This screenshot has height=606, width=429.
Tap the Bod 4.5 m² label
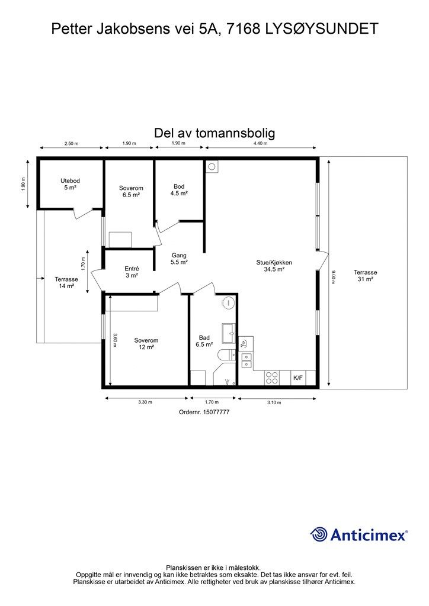(x=179, y=189)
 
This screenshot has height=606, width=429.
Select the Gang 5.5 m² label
(x=179, y=259)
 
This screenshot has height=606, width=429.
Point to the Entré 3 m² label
(x=131, y=272)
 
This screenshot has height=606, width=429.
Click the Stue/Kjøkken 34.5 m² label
(x=274, y=266)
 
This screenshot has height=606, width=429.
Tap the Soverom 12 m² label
(x=146, y=344)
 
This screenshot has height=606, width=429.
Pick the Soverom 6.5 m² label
(x=131, y=191)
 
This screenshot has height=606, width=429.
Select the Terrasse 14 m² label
(x=66, y=282)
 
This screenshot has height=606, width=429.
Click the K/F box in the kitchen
(x=298, y=377)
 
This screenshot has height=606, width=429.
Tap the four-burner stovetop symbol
(x=272, y=377)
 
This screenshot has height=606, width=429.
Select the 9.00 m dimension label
(x=334, y=277)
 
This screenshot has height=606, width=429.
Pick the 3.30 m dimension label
(x=145, y=402)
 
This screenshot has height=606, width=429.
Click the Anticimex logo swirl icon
(x=319, y=534)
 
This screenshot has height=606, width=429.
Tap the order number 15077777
(x=216, y=412)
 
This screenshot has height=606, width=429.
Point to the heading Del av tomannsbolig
(x=214, y=133)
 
